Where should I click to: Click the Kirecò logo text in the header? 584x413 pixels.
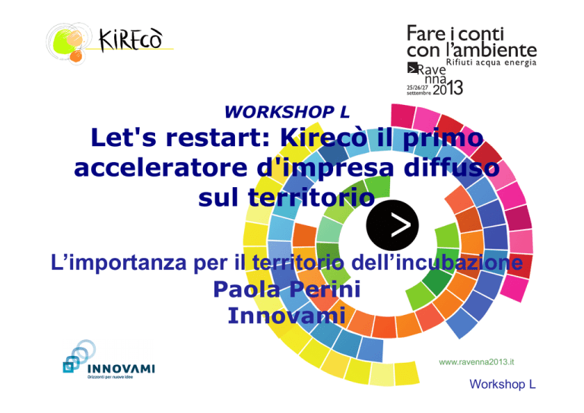[x=131, y=40]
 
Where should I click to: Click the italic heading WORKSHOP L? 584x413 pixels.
[x=287, y=112]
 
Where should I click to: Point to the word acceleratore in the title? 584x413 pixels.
[x=160, y=167]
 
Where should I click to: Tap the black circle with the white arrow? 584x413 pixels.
[x=392, y=225]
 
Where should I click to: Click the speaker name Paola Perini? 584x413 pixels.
[x=287, y=289]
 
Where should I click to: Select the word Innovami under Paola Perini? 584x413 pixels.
[x=287, y=315]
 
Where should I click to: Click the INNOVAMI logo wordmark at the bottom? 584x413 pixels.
[x=121, y=369]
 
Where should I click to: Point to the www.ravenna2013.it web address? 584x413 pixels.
[x=476, y=362]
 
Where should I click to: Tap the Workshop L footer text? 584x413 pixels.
[x=502, y=384]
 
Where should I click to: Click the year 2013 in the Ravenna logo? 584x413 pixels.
[x=448, y=88]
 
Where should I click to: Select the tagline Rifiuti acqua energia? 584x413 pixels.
[x=491, y=62]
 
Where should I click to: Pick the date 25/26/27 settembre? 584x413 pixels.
[x=419, y=90]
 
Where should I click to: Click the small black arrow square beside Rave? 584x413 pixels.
[x=412, y=68]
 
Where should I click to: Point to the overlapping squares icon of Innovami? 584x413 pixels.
[x=78, y=357]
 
